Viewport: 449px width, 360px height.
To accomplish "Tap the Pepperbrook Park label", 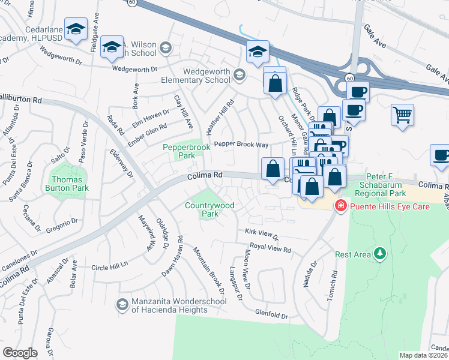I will pyautogui.click(x=179, y=151).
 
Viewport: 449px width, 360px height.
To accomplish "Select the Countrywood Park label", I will pyautogui.click(x=209, y=209).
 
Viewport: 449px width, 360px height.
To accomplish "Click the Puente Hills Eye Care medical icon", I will pyautogui.click(x=341, y=206).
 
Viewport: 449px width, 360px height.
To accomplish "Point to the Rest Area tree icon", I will pyautogui.click(x=379, y=254).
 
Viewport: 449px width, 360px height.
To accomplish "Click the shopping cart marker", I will pyautogui.click(x=402, y=115).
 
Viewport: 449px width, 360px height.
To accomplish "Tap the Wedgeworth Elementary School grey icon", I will pyautogui.click(x=240, y=74).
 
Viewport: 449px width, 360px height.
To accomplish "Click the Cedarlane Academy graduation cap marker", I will pyautogui.click(x=76, y=30).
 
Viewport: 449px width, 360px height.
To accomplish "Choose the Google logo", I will pyautogui.click(x=20, y=353).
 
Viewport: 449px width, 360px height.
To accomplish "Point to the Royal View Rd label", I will pyautogui.click(x=270, y=248).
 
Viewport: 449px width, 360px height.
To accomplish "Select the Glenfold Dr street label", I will pyautogui.click(x=272, y=313).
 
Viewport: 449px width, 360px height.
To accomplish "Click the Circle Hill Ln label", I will pyautogui.click(x=111, y=266).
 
